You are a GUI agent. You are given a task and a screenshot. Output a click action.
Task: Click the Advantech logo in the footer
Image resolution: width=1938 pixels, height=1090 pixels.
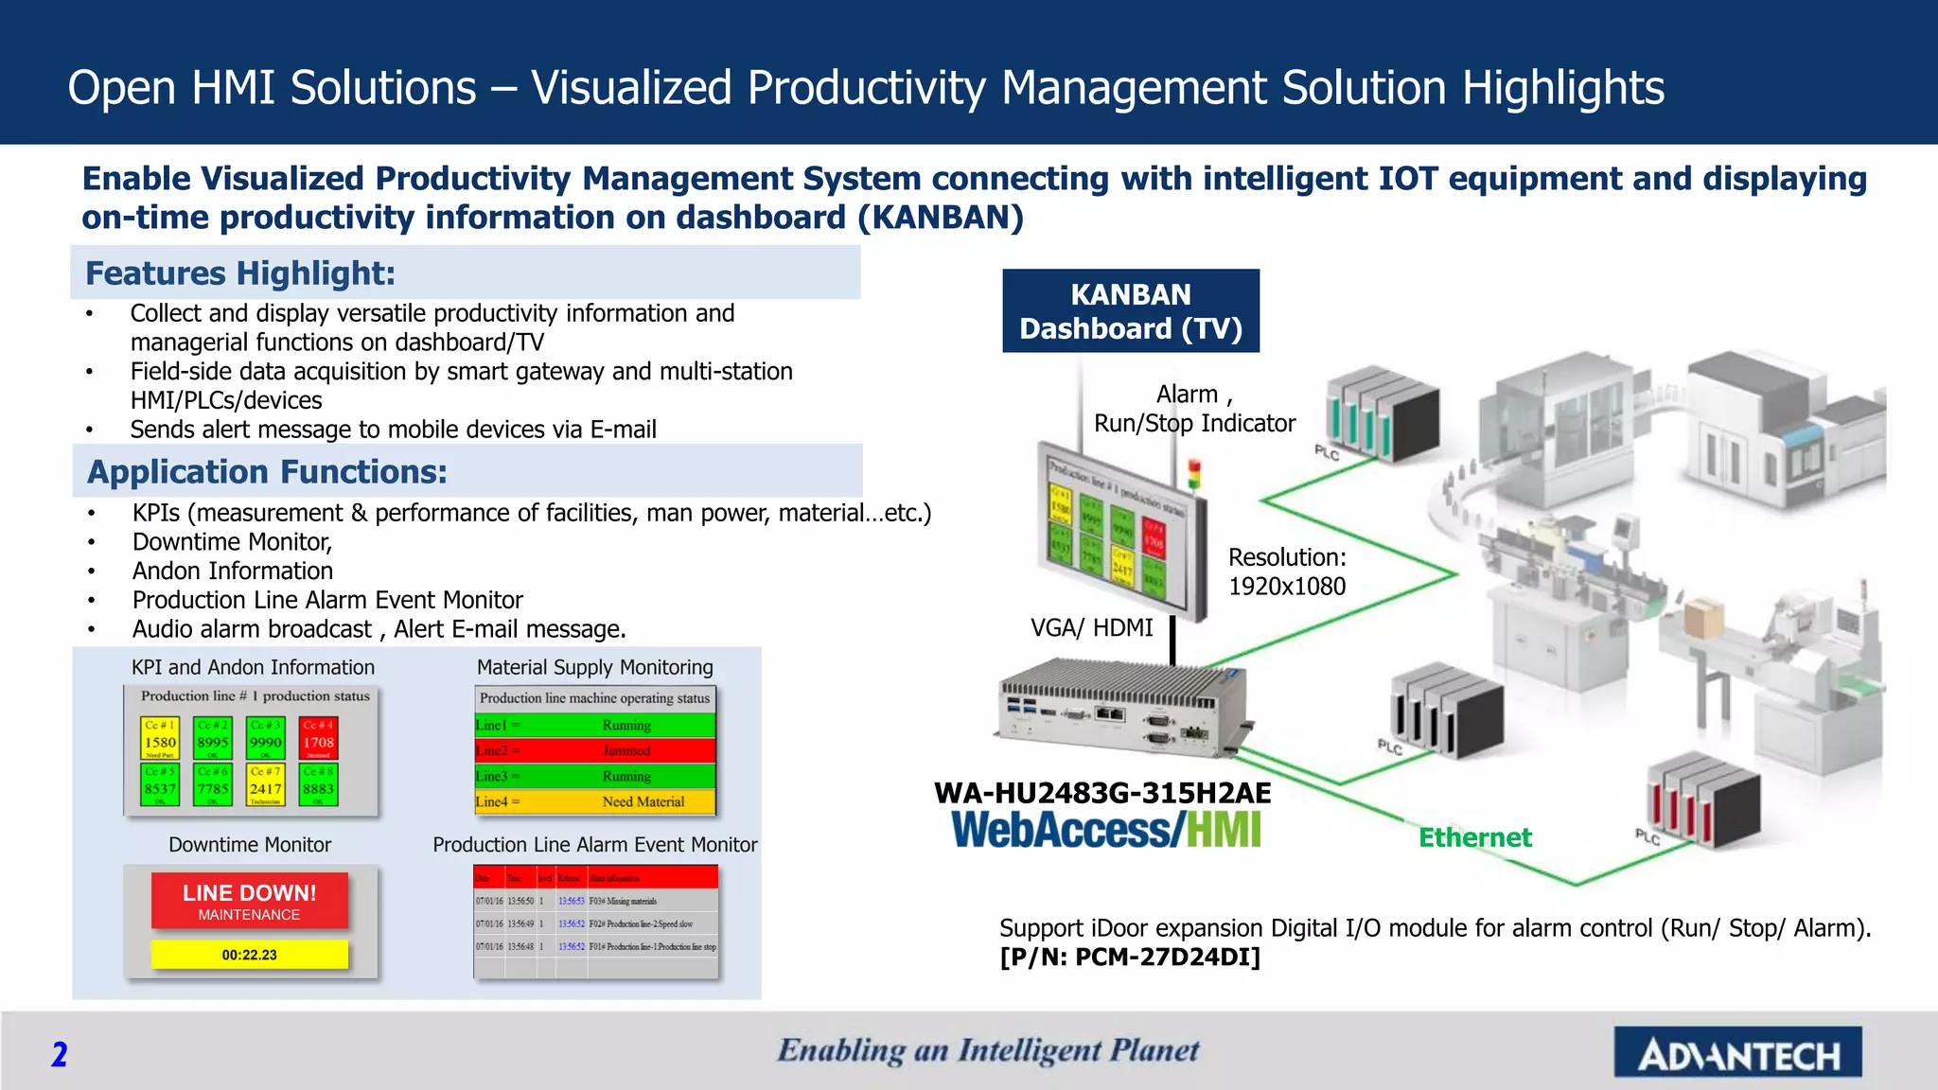(1737, 1053)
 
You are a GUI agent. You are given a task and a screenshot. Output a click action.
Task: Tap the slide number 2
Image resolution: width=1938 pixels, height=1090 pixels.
(59, 1054)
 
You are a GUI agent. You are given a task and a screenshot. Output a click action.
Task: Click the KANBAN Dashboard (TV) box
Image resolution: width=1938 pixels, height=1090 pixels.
(1131, 311)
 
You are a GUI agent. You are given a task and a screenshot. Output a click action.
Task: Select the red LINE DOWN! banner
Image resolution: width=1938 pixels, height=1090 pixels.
(250, 901)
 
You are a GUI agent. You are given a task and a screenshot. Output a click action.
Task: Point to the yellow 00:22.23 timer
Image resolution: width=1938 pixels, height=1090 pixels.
(250, 955)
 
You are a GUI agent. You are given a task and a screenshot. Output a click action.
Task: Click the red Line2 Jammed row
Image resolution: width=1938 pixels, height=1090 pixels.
(594, 750)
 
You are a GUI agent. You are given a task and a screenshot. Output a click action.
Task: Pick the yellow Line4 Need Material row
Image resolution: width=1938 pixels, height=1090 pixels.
(594, 801)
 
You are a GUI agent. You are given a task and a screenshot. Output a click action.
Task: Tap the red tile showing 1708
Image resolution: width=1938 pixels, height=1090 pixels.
(318, 739)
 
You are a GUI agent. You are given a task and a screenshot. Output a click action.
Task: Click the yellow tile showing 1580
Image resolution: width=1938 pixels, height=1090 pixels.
(160, 739)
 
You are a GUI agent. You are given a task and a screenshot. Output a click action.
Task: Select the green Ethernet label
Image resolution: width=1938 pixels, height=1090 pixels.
(1474, 837)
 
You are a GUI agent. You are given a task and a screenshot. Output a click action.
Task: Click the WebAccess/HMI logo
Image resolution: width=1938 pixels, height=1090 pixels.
(1106, 830)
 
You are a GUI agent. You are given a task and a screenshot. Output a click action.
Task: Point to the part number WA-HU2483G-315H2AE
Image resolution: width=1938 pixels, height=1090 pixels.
(1102, 793)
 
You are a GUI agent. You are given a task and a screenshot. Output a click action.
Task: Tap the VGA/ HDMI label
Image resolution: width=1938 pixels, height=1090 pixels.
(1091, 627)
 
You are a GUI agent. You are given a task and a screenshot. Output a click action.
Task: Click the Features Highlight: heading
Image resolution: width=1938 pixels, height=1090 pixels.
(240, 273)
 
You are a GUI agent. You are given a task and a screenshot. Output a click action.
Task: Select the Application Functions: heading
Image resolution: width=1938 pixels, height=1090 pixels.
(267, 472)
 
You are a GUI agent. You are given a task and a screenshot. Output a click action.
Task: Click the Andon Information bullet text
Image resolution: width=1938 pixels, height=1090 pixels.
(233, 571)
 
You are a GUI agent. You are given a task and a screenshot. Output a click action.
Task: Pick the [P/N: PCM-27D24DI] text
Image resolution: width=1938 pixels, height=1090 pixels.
(1130, 958)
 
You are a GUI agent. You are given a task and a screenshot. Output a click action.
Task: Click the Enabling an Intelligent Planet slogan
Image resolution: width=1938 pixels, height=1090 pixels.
(988, 1050)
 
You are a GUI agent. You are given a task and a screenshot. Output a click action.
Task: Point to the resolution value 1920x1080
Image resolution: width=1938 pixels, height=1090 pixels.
(1287, 587)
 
